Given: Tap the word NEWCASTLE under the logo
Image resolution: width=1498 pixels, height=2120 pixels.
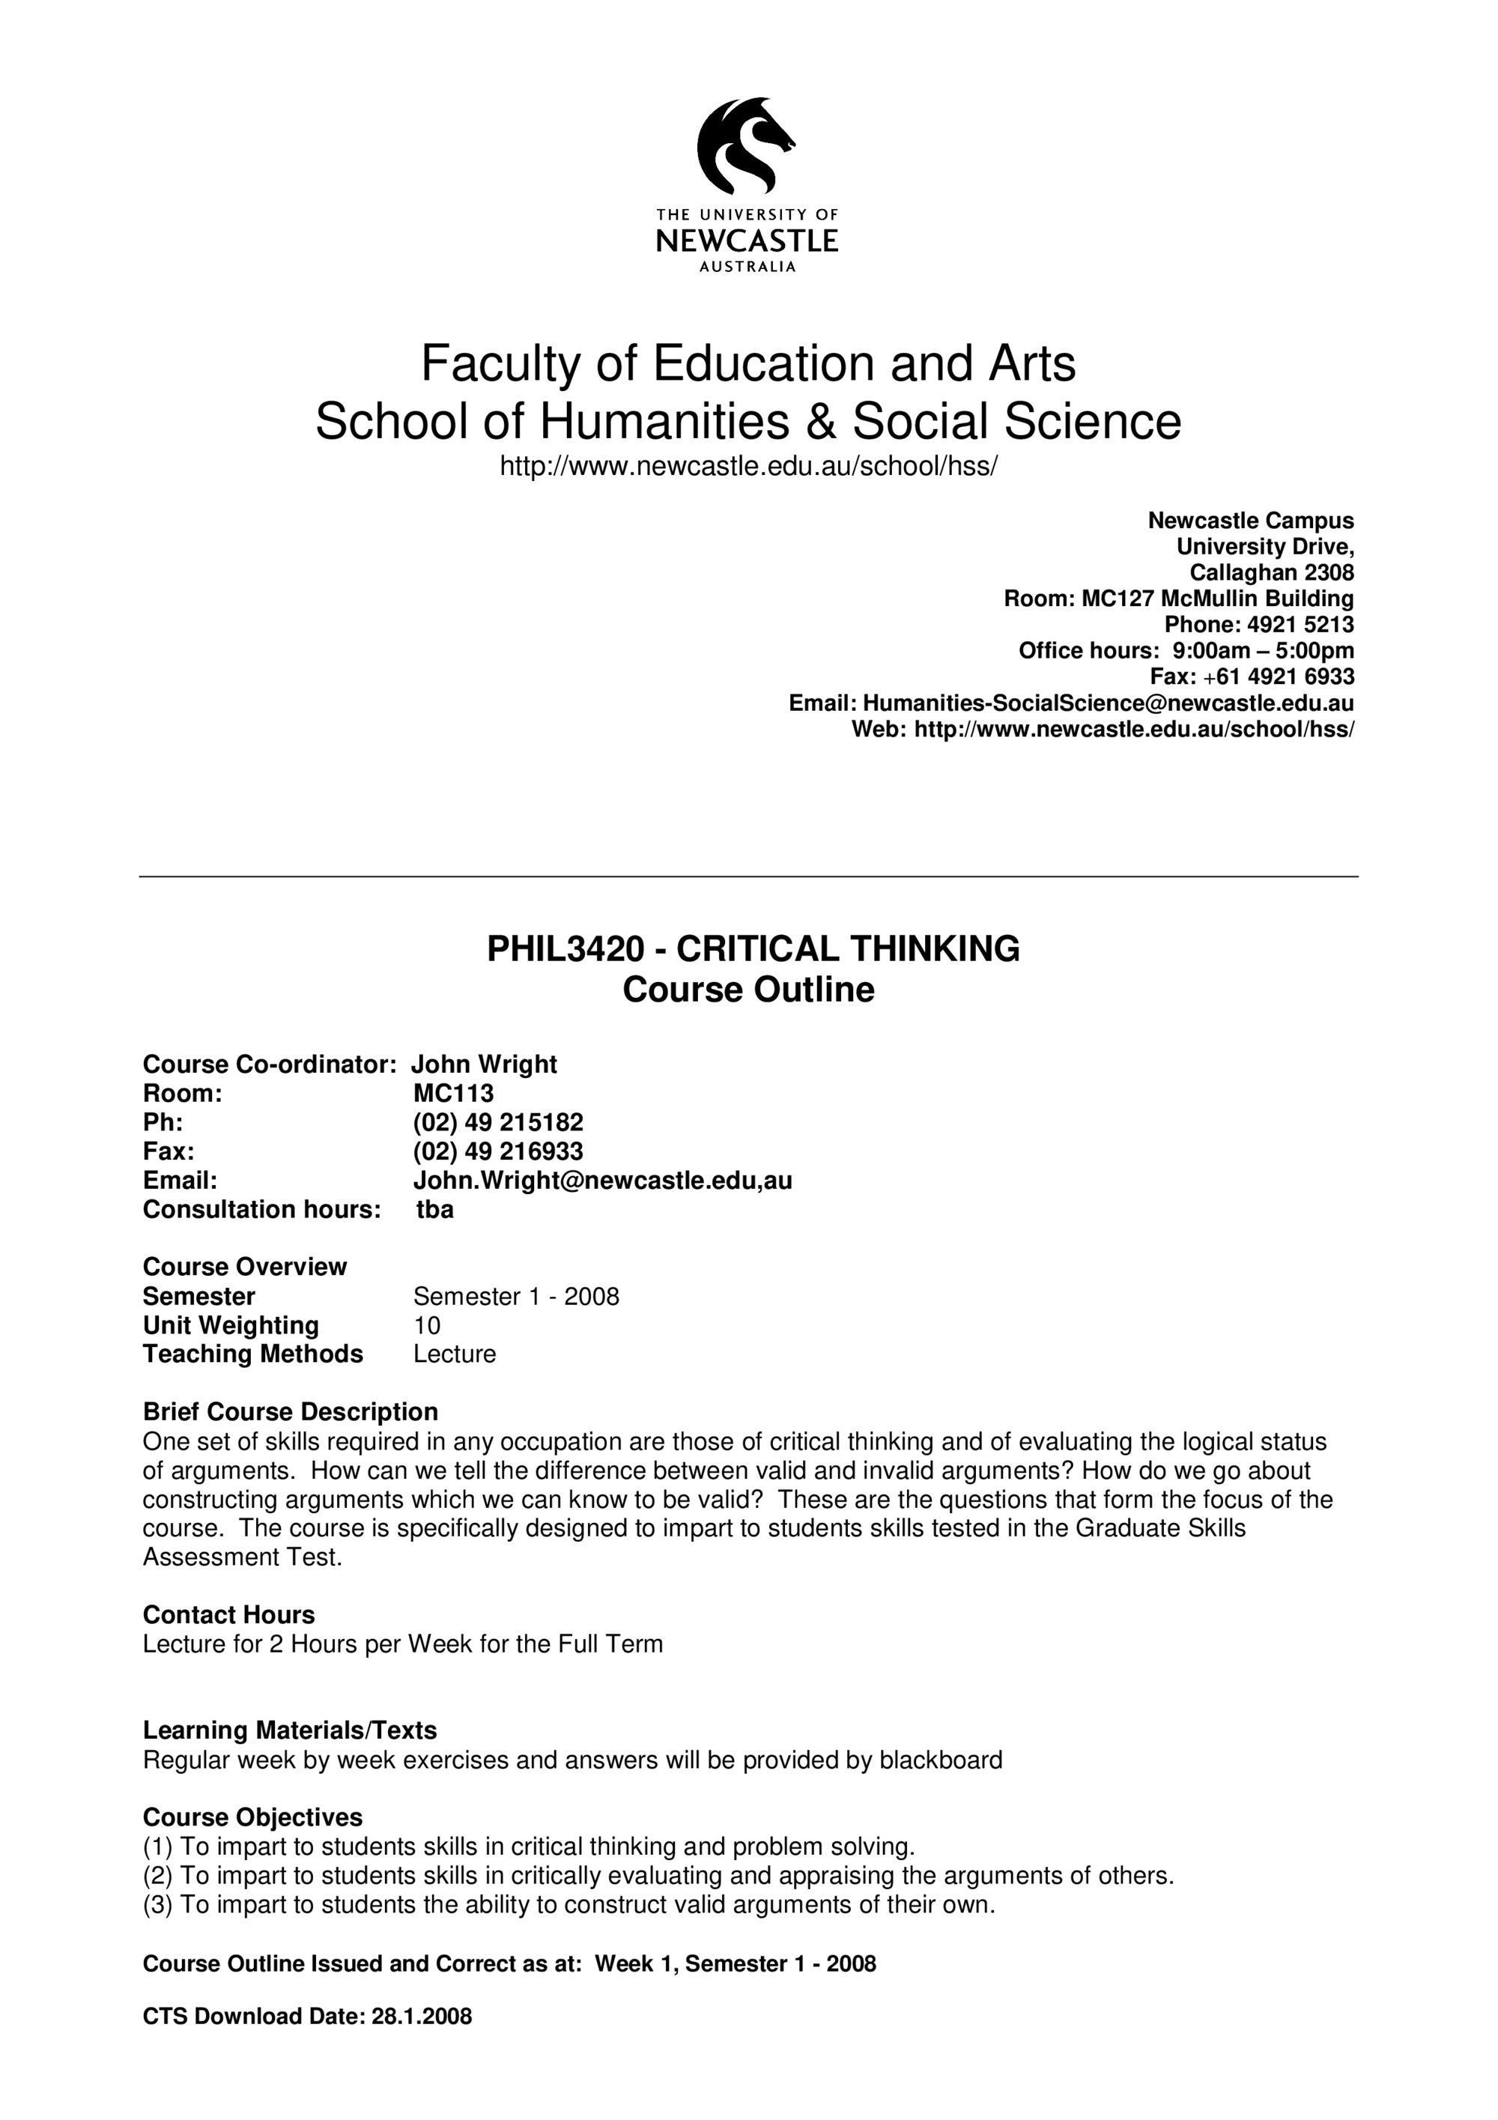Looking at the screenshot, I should [x=747, y=241].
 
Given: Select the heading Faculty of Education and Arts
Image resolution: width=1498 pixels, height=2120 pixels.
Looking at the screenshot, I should [x=748, y=363].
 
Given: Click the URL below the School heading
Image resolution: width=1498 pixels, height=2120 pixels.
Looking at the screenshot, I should [x=748, y=466].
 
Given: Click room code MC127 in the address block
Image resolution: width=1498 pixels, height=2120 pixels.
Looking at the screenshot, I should [x=1117, y=599].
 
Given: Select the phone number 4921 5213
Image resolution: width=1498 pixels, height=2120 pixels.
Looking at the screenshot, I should [x=1300, y=624].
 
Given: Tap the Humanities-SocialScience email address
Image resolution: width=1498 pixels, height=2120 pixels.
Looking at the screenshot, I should [x=1108, y=703].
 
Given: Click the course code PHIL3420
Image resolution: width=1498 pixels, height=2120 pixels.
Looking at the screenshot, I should [x=565, y=949].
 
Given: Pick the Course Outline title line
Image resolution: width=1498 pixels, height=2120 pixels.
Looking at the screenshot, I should [x=748, y=990].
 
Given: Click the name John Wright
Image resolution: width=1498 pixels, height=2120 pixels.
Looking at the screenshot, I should [x=484, y=1064].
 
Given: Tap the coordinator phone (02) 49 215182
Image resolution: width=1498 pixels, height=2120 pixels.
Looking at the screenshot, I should [x=497, y=1122].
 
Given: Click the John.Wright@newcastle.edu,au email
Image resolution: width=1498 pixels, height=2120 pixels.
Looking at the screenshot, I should [x=601, y=1180].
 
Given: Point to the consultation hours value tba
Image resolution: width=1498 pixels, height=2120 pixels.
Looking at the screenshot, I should [x=434, y=1210].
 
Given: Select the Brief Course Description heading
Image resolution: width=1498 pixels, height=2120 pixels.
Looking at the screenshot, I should [x=290, y=1412].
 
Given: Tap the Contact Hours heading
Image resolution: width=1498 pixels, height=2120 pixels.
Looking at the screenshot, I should [x=229, y=1615].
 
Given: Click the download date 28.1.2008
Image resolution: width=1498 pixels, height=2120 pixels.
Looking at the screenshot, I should [x=421, y=2017].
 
